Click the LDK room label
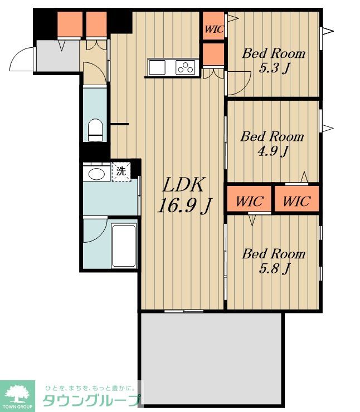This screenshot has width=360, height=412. point(183,185)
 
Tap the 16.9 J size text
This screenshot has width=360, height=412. point(184,205)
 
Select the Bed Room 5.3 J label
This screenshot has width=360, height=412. point(274,61)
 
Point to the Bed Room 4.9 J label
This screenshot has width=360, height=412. point(272,144)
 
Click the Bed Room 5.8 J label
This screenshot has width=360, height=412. point(274,261)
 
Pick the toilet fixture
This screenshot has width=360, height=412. point(95,130)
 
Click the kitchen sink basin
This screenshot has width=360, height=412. point(157,67)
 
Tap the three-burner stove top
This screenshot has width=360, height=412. point(186,67)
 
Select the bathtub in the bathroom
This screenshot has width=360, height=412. point(124,246)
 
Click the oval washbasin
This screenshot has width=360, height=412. point(96,174)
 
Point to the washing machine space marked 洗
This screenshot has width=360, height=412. point(121,172)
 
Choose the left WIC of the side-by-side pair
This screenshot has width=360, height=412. point(249,199)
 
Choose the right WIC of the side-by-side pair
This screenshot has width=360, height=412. point(297,199)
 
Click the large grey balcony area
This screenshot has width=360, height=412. point(212,359)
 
